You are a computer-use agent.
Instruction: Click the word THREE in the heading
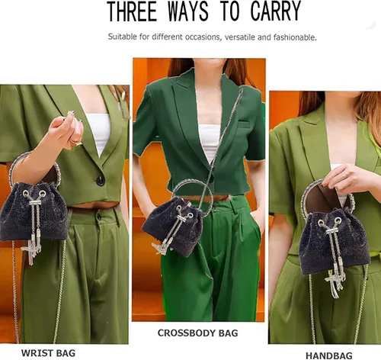132,11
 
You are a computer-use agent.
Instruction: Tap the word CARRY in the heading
276,11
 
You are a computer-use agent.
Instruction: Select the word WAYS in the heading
188,11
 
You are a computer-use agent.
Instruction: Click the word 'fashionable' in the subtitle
295,37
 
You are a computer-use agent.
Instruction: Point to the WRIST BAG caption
48,353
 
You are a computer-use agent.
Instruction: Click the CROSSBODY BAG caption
197,333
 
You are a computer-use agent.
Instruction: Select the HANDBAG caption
329,355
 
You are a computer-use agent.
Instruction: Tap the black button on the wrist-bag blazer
101,181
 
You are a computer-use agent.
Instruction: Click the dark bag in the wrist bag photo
34,211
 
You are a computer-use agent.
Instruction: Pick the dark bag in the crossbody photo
173,227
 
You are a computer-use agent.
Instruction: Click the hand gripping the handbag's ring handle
345,178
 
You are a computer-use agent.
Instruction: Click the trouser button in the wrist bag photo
98,217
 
